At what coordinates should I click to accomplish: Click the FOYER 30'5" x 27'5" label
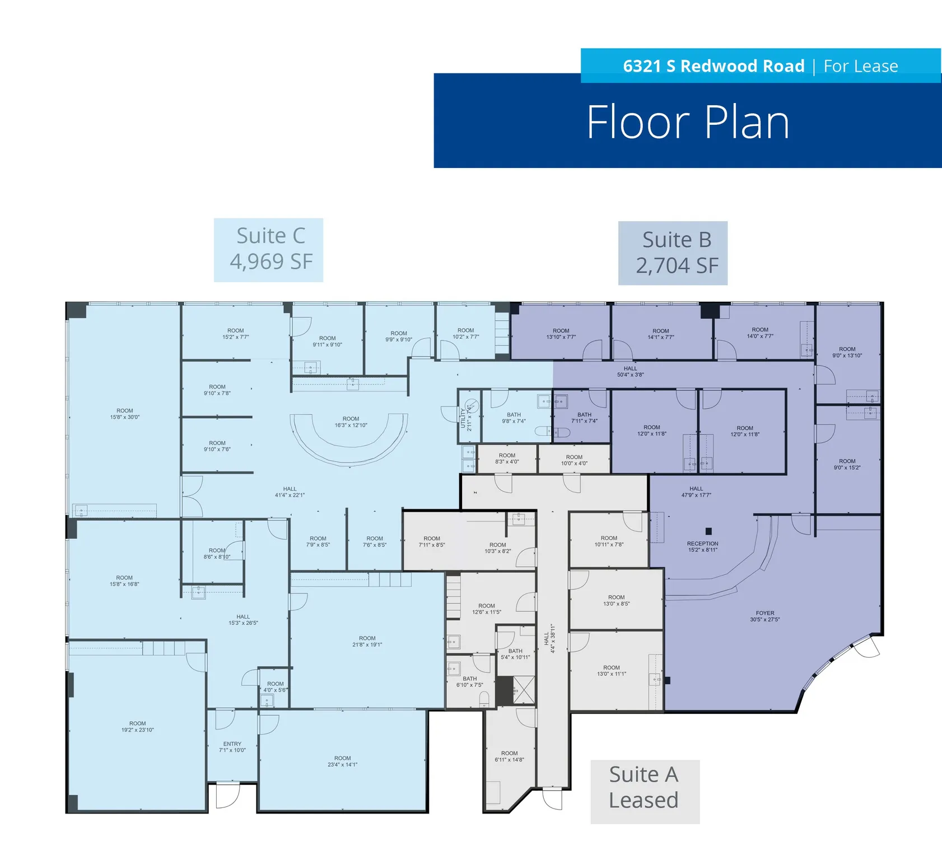click(764, 616)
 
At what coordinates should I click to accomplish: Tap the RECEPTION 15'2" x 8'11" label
click(702, 547)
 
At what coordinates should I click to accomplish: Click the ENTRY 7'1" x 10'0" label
click(232, 747)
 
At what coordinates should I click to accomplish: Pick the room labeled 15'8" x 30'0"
click(124, 414)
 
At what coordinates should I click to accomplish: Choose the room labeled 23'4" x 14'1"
click(342, 761)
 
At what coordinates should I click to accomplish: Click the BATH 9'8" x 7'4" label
click(514, 418)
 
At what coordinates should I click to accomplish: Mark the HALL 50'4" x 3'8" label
click(630, 372)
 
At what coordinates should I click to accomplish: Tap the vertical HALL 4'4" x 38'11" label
click(549, 639)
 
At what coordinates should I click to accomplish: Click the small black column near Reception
click(708, 531)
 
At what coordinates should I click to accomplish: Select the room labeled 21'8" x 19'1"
click(367, 642)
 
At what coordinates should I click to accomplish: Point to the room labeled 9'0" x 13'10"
click(847, 352)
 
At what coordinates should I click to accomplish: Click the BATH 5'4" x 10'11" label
click(515, 655)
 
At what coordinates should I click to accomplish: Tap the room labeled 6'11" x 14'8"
click(509, 756)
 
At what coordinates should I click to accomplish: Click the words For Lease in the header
click(860, 66)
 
